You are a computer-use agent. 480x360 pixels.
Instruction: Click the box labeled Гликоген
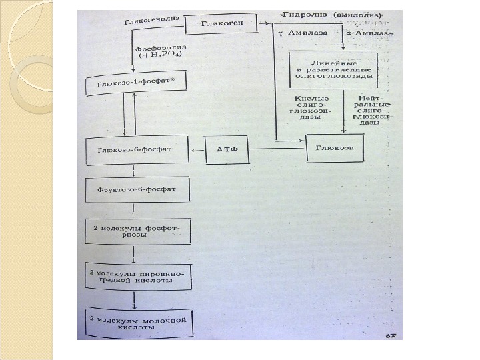pos(228,24)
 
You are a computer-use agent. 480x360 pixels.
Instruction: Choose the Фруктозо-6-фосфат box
pos(138,191)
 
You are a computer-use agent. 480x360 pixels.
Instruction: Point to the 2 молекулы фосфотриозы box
pos(138,231)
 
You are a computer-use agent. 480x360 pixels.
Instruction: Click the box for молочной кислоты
pos(138,322)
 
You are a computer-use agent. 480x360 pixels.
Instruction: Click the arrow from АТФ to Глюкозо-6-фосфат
pos(199,151)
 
